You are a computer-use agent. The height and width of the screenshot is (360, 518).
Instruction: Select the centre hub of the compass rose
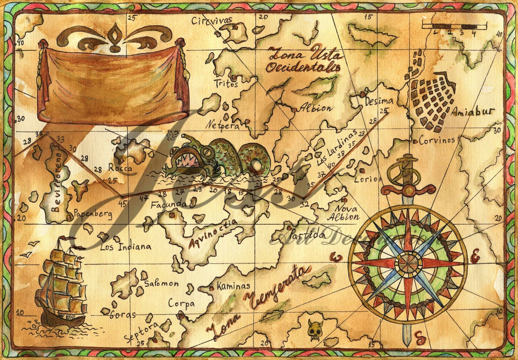tap(408, 263)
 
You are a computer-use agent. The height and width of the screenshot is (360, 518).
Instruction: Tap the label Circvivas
tap(212, 20)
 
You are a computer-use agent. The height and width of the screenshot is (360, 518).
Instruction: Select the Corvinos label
tap(437, 140)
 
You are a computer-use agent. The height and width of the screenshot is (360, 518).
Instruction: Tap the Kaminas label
tap(233, 286)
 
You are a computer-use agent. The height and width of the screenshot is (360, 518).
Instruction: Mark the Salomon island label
tap(161, 284)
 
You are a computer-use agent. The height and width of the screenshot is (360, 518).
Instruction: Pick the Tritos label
tap(226, 84)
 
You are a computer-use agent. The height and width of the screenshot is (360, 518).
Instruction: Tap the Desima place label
tap(379, 101)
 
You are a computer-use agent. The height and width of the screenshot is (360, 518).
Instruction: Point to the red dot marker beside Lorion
tap(362, 171)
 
